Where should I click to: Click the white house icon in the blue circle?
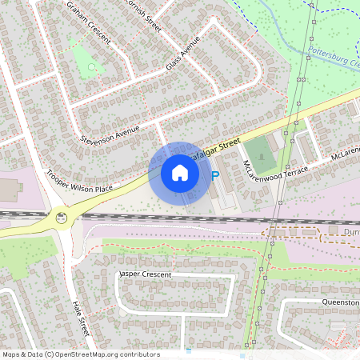click(x=180, y=173)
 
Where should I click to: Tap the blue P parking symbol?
click(x=214, y=175)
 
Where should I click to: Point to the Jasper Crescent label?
click(x=145, y=274)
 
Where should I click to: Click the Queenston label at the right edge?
click(x=341, y=302)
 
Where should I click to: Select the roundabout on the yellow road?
click(x=61, y=217)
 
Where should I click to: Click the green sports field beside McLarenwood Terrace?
click(x=258, y=151)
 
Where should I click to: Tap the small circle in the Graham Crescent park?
click(x=91, y=67)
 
